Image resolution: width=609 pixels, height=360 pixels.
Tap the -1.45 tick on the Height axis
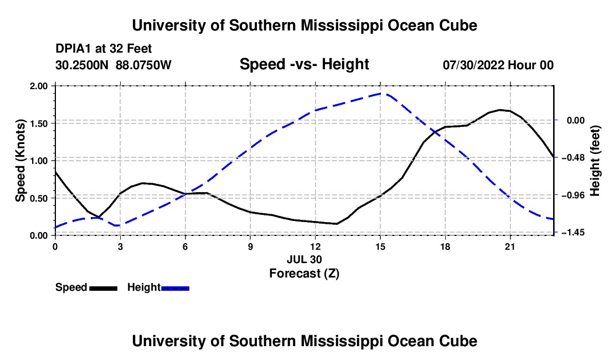click(x=573, y=232)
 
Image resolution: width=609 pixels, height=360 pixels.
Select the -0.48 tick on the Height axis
click(x=573, y=157)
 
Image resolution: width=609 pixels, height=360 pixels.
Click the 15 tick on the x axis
click(x=380, y=246)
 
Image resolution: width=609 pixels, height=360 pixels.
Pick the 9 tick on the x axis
click(x=250, y=246)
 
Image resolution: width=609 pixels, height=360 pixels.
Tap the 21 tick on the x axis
click(x=510, y=246)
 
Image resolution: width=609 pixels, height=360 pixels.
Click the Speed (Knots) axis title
click(x=20, y=161)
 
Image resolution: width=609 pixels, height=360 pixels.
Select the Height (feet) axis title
click(x=595, y=161)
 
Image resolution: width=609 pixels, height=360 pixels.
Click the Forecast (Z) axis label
click(x=304, y=273)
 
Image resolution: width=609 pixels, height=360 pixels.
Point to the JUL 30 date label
click(x=304, y=259)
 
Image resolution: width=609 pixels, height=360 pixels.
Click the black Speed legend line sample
click(x=104, y=288)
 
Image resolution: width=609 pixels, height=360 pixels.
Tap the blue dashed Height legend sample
click(x=175, y=288)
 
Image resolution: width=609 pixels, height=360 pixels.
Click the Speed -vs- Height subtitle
click(x=304, y=64)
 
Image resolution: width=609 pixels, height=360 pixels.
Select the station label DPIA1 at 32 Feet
click(x=104, y=49)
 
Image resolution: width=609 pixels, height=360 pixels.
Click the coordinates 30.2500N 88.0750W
click(x=113, y=65)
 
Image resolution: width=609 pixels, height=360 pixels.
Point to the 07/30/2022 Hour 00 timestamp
click(x=498, y=65)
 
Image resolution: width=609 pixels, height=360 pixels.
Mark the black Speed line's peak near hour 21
click(x=500, y=110)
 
